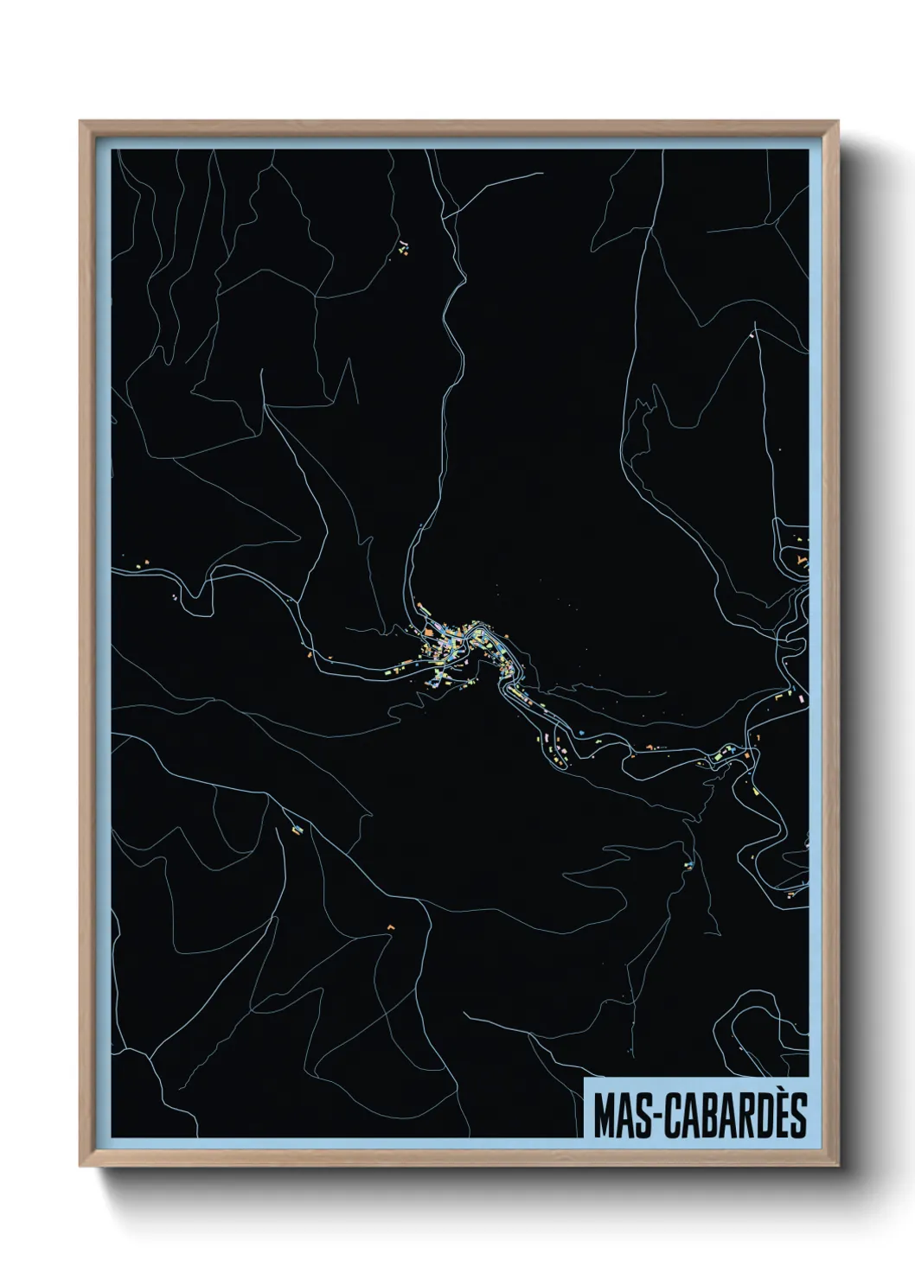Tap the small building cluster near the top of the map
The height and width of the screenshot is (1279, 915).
click(x=403, y=247)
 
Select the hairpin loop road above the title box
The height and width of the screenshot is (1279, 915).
click(x=761, y=1037)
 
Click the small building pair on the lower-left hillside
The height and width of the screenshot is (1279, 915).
click(x=297, y=830)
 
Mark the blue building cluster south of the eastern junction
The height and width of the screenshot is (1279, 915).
click(x=689, y=862)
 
